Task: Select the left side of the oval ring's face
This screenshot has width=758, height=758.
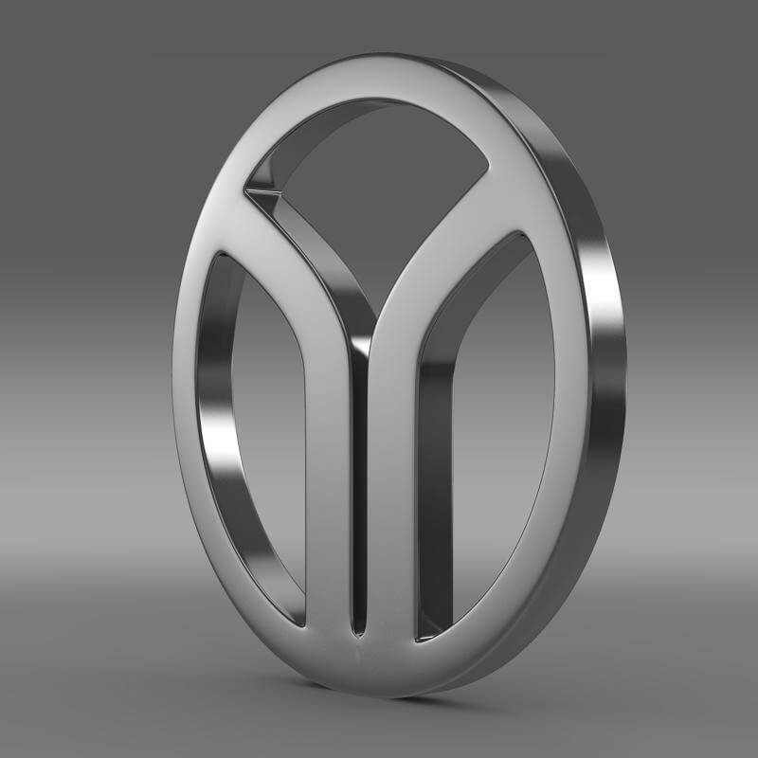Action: click(194, 398)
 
